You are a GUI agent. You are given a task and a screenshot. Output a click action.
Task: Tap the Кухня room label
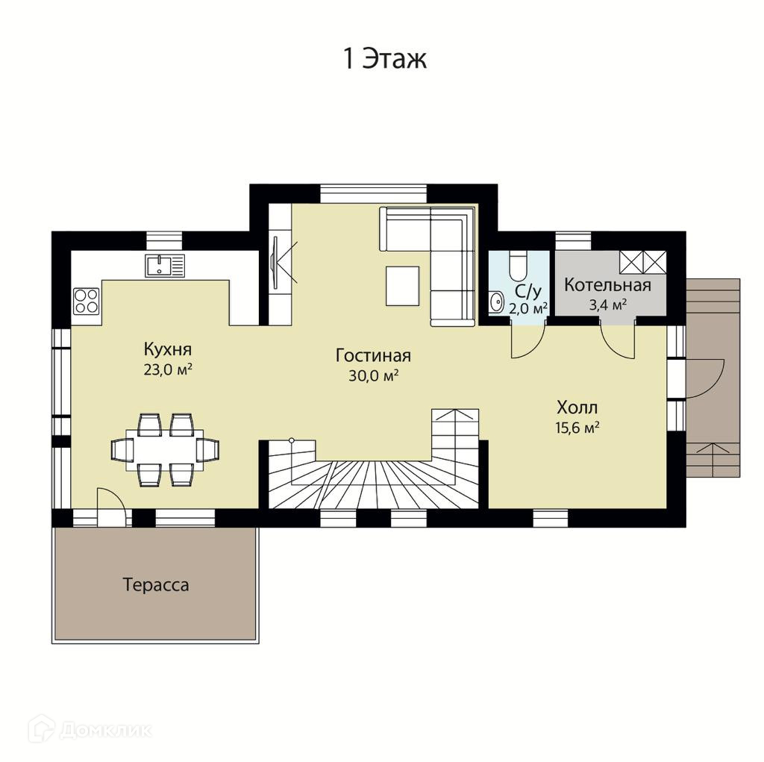[168, 349]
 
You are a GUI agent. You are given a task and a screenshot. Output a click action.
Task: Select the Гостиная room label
[373, 355]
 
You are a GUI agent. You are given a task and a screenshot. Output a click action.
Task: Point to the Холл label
[577, 407]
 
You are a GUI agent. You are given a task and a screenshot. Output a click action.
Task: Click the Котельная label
[607, 285]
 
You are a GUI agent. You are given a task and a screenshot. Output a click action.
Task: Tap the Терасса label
[156, 584]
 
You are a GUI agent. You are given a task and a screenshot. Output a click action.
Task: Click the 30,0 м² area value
[374, 376]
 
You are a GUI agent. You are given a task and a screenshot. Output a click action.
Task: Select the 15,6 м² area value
[577, 428]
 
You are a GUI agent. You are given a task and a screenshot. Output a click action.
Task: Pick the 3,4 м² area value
[607, 305]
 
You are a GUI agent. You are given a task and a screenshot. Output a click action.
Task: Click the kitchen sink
[165, 265]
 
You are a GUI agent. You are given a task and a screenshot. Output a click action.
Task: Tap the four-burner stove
[87, 301]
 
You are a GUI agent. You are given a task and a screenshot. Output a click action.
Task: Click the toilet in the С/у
[516, 265]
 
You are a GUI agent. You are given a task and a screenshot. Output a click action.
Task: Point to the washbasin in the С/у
[496, 302]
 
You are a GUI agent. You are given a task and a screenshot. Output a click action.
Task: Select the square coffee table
[402, 286]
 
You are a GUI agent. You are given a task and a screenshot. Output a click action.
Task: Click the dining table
[165, 450]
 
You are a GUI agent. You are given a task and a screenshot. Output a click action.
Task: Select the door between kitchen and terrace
[113, 507]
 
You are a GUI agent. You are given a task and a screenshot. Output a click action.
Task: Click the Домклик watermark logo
[90, 730]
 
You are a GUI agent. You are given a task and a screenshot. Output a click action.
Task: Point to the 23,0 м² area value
[168, 369]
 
